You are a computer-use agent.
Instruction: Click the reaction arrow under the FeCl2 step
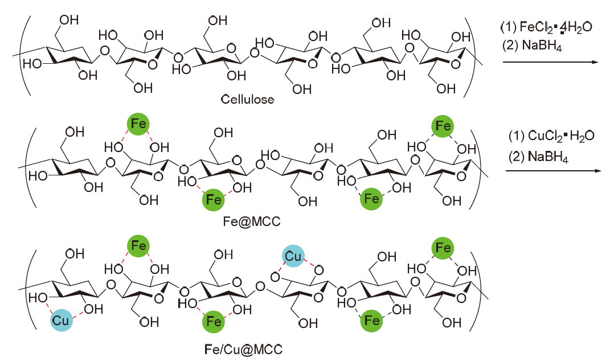pyautogui.click(x=547, y=63)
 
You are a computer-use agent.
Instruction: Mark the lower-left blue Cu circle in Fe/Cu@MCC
pyautogui.click(x=60, y=321)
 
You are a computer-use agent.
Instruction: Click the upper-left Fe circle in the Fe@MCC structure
pyautogui.click(x=137, y=124)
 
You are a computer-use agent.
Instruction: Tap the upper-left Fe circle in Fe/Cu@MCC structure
pyautogui.click(x=137, y=246)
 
